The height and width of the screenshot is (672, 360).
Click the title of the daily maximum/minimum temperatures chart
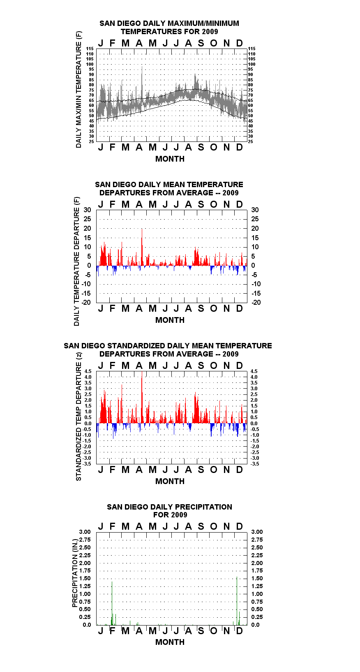pyautogui.click(x=169, y=27)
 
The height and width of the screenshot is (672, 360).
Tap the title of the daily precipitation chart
pyautogui.click(x=170, y=511)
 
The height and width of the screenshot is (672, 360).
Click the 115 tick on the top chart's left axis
pyautogui.click(x=90, y=49)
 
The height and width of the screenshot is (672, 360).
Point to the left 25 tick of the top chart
pyautogui.click(x=91, y=141)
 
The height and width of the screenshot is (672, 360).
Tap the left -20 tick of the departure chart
pyautogui.click(x=86, y=302)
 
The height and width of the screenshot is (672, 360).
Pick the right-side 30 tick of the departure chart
pyautogui.click(x=255, y=210)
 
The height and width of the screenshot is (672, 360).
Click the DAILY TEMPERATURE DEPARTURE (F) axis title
pyautogui.click(x=77, y=261)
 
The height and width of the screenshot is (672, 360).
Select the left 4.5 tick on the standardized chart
pyautogui.click(x=88, y=371)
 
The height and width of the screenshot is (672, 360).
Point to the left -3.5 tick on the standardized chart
pyautogui.click(x=87, y=464)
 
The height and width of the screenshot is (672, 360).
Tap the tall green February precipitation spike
pyautogui.click(x=112, y=603)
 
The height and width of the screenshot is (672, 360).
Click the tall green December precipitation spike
pyautogui.click(x=237, y=601)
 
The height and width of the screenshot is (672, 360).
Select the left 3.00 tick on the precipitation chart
pyautogui.click(x=85, y=532)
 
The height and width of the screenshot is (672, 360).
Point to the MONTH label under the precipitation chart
pyautogui.click(x=170, y=642)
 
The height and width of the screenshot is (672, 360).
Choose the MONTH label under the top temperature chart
pyautogui.click(x=170, y=159)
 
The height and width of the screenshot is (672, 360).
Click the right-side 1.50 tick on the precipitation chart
pyautogui.click(x=257, y=578)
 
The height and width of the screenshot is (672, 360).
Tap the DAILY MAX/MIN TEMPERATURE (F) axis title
pyautogui.click(x=78, y=89)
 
